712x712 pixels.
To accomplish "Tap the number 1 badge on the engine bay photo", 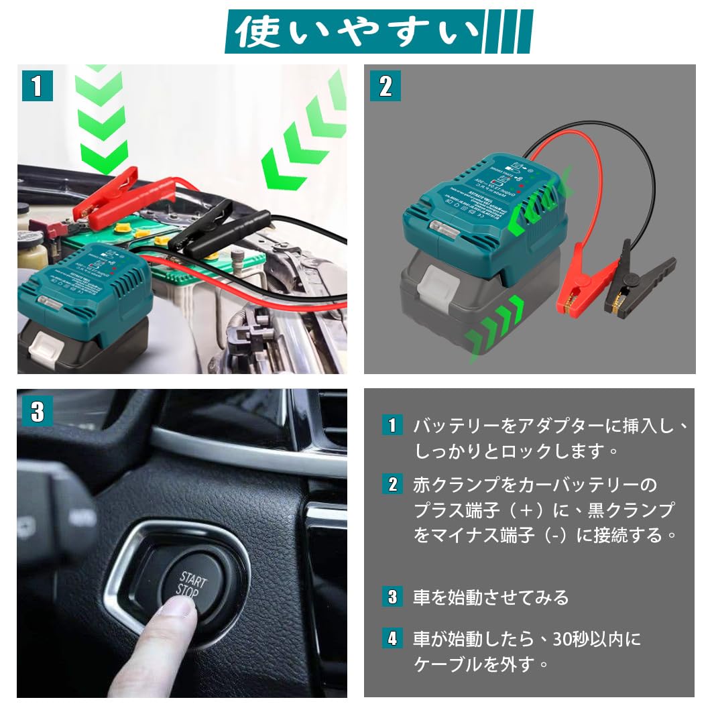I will coord(37,86).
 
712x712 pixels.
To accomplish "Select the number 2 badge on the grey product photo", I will coord(385,86).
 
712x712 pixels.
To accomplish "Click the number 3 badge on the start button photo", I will coord(37,411).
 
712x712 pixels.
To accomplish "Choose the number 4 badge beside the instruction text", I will coord(392,638).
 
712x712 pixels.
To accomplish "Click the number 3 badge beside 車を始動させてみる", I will coord(392,596).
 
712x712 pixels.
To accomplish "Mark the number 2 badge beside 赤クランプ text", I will coord(392,483).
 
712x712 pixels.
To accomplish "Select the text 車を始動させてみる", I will coord(491,597).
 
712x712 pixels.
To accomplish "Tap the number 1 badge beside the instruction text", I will coord(392,425).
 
